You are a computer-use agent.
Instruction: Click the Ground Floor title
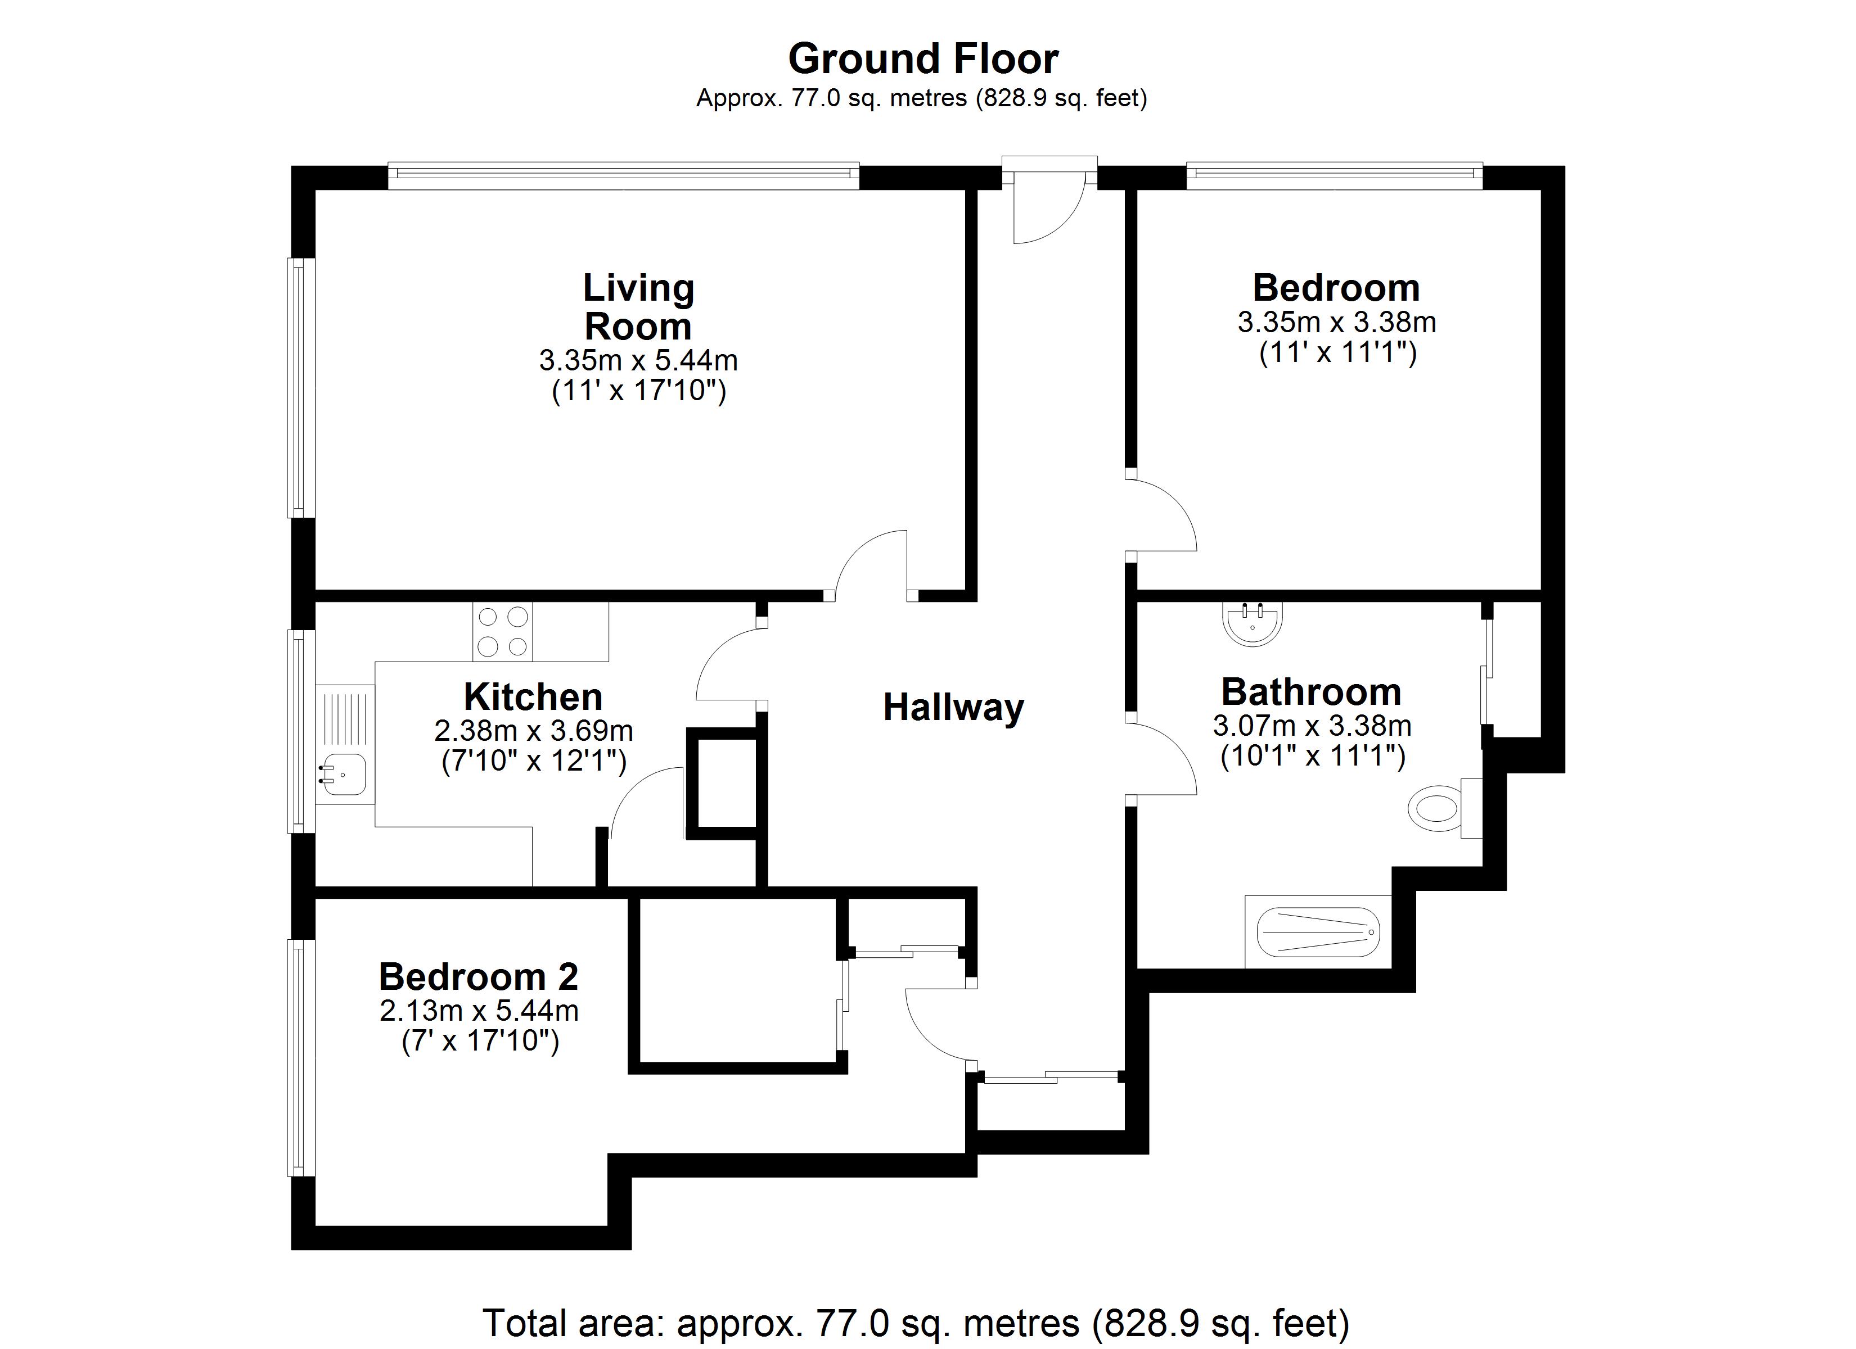pyautogui.click(x=922, y=59)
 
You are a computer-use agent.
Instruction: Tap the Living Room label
pyautogui.click(x=638, y=307)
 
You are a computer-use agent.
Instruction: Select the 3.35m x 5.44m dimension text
pyautogui.click(x=638, y=360)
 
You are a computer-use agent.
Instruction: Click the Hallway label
pyautogui.click(x=953, y=708)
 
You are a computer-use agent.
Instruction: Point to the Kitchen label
pyautogui.click(x=533, y=697)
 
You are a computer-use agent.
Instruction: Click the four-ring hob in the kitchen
pyautogui.click(x=502, y=632)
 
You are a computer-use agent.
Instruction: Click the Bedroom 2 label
pyautogui.click(x=478, y=977)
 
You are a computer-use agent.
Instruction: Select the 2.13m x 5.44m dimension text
pyautogui.click(x=479, y=1011)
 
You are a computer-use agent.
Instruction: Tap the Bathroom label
pyautogui.click(x=1311, y=692)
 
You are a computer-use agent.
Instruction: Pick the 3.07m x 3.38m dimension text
pyautogui.click(x=1312, y=726)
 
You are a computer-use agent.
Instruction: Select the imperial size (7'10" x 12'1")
pyautogui.click(x=534, y=762)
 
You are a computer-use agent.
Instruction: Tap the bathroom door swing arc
pyautogui.click(x=1166, y=757)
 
